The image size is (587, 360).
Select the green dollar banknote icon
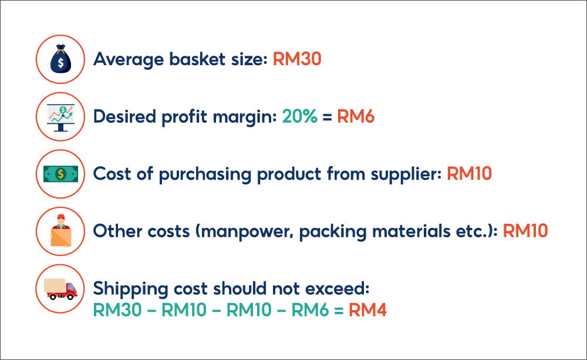61,173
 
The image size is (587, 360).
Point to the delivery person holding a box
61,230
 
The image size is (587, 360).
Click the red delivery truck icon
61,288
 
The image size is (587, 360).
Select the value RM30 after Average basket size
297,59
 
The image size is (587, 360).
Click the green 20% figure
299,116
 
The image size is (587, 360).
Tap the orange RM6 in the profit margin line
356,116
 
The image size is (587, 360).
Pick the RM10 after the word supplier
469,173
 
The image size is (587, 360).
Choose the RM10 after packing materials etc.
525,230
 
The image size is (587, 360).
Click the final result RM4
367,309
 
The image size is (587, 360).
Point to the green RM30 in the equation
117,309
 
